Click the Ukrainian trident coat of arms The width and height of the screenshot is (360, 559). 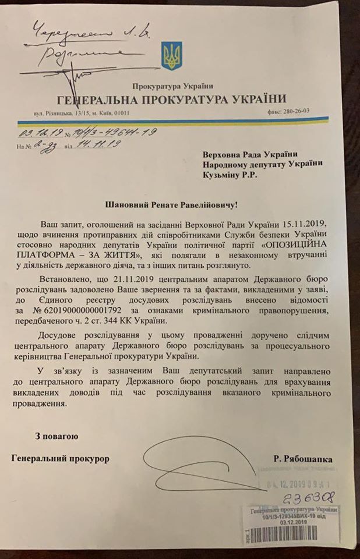point(172,55)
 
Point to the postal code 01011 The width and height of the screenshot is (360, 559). point(138,114)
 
